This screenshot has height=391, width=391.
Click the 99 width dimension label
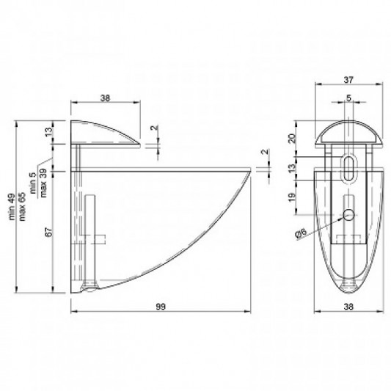tap(161, 307)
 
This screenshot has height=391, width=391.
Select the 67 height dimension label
tap(49, 232)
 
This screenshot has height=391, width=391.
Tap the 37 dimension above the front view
tap(348, 80)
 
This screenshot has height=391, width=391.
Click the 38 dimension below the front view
tap(348, 307)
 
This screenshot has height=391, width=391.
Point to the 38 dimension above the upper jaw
tap(105, 98)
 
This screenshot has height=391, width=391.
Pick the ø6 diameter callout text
tap(301, 234)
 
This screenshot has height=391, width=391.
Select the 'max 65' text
tap(23, 206)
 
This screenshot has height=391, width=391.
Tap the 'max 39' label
tap(43, 183)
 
